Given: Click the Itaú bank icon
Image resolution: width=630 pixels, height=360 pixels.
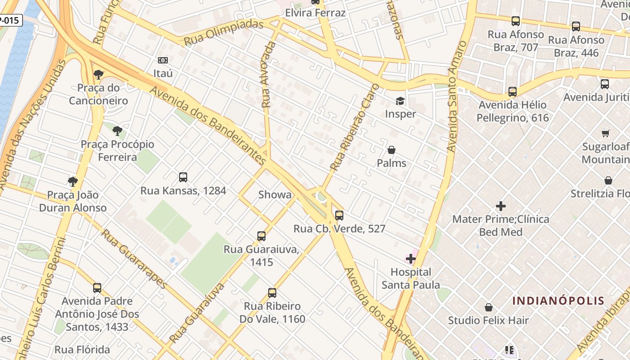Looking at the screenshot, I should click(163, 60).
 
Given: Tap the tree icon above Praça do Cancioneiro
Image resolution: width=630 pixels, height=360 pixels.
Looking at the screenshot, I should click(98, 74).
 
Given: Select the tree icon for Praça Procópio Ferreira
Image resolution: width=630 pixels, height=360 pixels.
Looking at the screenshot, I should click(117, 131).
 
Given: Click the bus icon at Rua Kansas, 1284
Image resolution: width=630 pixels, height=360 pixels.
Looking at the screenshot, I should click(183, 177).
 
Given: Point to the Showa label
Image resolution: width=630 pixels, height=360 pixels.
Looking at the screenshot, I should click(274, 195).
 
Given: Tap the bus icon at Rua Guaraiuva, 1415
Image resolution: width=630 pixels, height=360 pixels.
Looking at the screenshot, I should click(261, 236).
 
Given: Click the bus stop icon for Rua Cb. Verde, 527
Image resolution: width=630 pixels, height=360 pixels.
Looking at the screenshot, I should click(339, 215).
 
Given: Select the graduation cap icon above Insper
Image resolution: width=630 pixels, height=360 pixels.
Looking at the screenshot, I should click(400, 100).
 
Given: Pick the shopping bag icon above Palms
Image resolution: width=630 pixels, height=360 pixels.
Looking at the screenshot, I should click(391, 150).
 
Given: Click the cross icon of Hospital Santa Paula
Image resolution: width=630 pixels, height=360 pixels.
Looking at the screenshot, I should click(410, 258).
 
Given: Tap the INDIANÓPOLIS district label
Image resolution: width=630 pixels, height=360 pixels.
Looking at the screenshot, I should click(558, 301).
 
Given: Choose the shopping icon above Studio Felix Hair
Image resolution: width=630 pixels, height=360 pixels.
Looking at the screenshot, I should click(488, 307).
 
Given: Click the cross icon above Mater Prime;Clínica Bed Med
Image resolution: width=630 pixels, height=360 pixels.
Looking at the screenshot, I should click(500, 206).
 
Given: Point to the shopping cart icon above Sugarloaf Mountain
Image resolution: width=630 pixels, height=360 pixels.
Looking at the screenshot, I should click(605, 133).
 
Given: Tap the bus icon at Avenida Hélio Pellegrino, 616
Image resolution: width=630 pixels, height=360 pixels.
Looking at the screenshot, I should click(512, 92).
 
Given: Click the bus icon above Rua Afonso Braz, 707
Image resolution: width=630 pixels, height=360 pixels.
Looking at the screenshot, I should click(515, 21).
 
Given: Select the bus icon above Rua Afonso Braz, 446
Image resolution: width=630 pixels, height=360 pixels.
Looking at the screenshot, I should click(576, 26).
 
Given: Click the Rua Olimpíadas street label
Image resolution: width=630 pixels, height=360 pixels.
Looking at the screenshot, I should click(223, 32).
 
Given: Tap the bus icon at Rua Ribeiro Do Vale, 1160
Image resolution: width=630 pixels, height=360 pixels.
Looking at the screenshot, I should click(272, 293).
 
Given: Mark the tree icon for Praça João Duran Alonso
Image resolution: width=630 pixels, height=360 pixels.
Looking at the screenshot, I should click(72, 182).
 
